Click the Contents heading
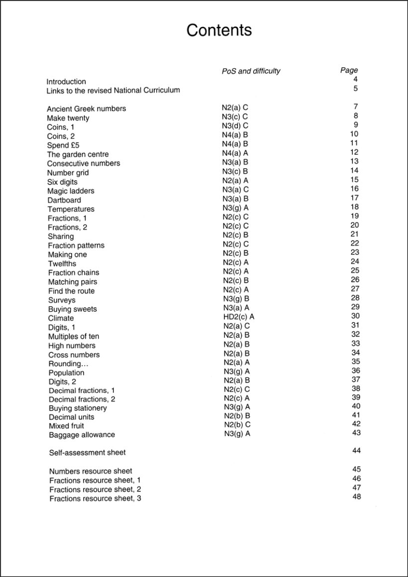click(x=219, y=30)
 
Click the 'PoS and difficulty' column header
click(x=251, y=71)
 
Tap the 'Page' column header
click(x=349, y=71)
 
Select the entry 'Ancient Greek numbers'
click(x=86, y=109)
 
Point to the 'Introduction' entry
click(x=66, y=82)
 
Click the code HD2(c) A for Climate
click(x=239, y=316)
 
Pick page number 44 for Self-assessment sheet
click(x=356, y=451)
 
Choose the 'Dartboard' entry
click(x=64, y=200)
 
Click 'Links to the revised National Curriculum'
click(x=113, y=91)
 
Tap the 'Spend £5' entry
click(x=63, y=145)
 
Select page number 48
click(x=356, y=496)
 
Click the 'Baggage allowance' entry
click(x=82, y=435)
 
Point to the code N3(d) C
click(x=235, y=125)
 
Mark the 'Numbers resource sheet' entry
click(x=91, y=471)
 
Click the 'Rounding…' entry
click(x=65, y=364)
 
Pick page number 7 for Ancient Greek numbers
click(x=356, y=107)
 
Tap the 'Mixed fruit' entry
click(x=66, y=426)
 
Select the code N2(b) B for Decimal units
click(x=237, y=416)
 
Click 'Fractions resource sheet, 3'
click(x=95, y=498)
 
